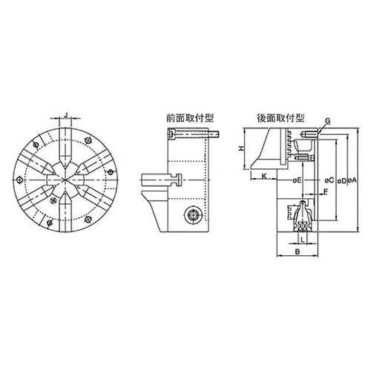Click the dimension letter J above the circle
click(66, 115)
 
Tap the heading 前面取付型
click(190, 118)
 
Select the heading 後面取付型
click(280, 118)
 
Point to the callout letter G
click(327, 121)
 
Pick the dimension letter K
click(264, 176)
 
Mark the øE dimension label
click(297, 180)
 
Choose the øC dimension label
click(329, 180)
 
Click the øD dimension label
click(343, 181)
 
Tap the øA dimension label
click(352, 181)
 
